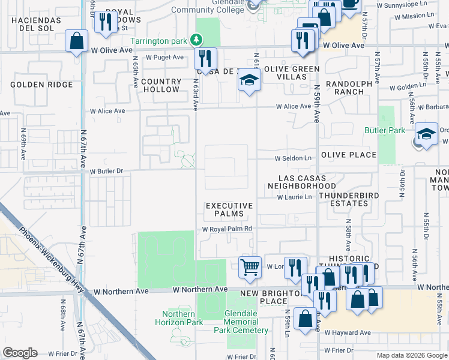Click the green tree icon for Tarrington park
point(195,40)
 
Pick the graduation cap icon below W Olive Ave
point(249,80)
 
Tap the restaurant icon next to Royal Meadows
point(106,22)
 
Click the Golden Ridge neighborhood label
point(41,85)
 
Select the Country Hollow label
point(162,85)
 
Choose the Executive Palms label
point(229,209)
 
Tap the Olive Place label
point(349,155)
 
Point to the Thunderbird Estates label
point(343,200)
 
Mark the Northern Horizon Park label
point(178,318)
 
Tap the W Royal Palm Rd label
point(226,229)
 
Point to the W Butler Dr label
point(106,171)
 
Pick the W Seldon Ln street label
point(294,158)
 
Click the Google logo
point(20,353)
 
